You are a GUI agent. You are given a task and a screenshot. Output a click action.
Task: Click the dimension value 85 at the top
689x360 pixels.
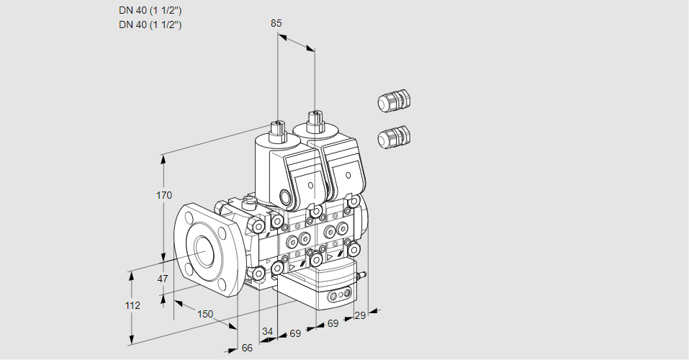coord(276,23)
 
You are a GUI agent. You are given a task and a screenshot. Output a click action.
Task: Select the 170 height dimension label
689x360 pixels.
coord(165,195)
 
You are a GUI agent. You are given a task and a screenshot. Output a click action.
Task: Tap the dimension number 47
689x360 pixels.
coord(163,279)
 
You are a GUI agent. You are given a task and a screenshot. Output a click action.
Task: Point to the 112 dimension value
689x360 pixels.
coord(132,305)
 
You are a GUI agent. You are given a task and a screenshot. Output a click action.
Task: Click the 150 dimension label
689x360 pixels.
coord(205,313)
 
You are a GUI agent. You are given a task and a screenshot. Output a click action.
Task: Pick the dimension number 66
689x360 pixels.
coord(247,348)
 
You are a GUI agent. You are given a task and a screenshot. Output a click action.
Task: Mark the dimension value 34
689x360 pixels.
coord(267,331)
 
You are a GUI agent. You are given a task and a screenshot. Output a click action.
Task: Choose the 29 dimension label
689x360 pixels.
coord(359,315)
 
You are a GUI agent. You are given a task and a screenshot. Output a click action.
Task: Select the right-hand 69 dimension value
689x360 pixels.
coord(333,324)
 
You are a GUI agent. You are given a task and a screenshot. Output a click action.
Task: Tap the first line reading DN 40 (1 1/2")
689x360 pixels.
coord(150,10)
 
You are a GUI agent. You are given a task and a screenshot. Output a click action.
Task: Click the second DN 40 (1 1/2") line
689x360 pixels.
coord(150,24)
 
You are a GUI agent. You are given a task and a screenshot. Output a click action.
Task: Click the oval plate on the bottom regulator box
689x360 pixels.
coord(341,295)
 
